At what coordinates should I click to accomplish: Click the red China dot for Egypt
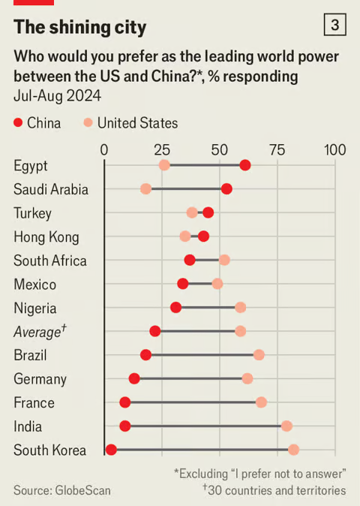click(245, 165)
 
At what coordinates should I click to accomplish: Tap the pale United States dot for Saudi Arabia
click(145, 189)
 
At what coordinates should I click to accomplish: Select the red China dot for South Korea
click(111, 450)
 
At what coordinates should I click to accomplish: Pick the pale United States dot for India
click(286, 426)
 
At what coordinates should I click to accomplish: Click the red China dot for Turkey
click(208, 213)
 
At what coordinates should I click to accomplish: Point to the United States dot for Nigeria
click(241, 308)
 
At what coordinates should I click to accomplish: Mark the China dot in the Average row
click(155, 331)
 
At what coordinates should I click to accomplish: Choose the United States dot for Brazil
click(259, 355)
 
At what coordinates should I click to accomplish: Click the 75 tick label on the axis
click(277, 150)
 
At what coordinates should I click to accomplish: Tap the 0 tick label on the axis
click(104, 150)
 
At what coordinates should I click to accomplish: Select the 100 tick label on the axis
click(334, 150)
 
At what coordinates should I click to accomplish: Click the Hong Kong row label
click(46, 237)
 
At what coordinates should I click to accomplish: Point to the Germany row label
click(40, 380)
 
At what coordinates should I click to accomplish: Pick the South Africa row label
click(50, 261)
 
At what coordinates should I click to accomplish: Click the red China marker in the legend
click(18, 122)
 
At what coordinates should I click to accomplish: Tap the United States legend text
click(137, 123)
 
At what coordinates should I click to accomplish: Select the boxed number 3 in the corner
click(334, 25)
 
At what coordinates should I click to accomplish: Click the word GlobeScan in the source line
click(82, 490)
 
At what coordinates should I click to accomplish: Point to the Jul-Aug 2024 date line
click(57, 96)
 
